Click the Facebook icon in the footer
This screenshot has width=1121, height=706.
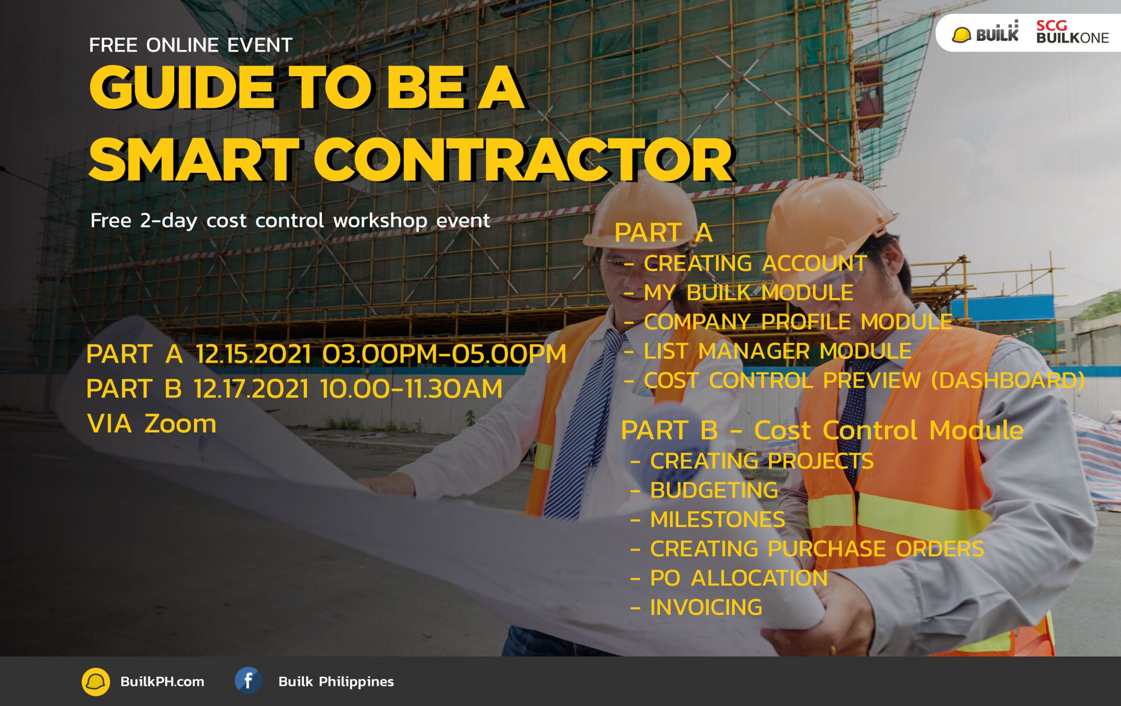pos(248,681)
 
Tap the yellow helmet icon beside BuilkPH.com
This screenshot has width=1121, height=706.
pos(96,682)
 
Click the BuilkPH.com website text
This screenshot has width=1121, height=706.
pos(162,681)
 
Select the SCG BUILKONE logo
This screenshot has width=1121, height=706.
pos(1072,32)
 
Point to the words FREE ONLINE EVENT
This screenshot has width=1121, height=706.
pos(190,45)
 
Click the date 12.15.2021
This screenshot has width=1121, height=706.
pos(253,354)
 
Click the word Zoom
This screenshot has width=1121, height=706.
pos(180,424)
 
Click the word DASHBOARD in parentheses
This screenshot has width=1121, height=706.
pos(1009,380)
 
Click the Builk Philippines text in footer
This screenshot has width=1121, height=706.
pos(336,681)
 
